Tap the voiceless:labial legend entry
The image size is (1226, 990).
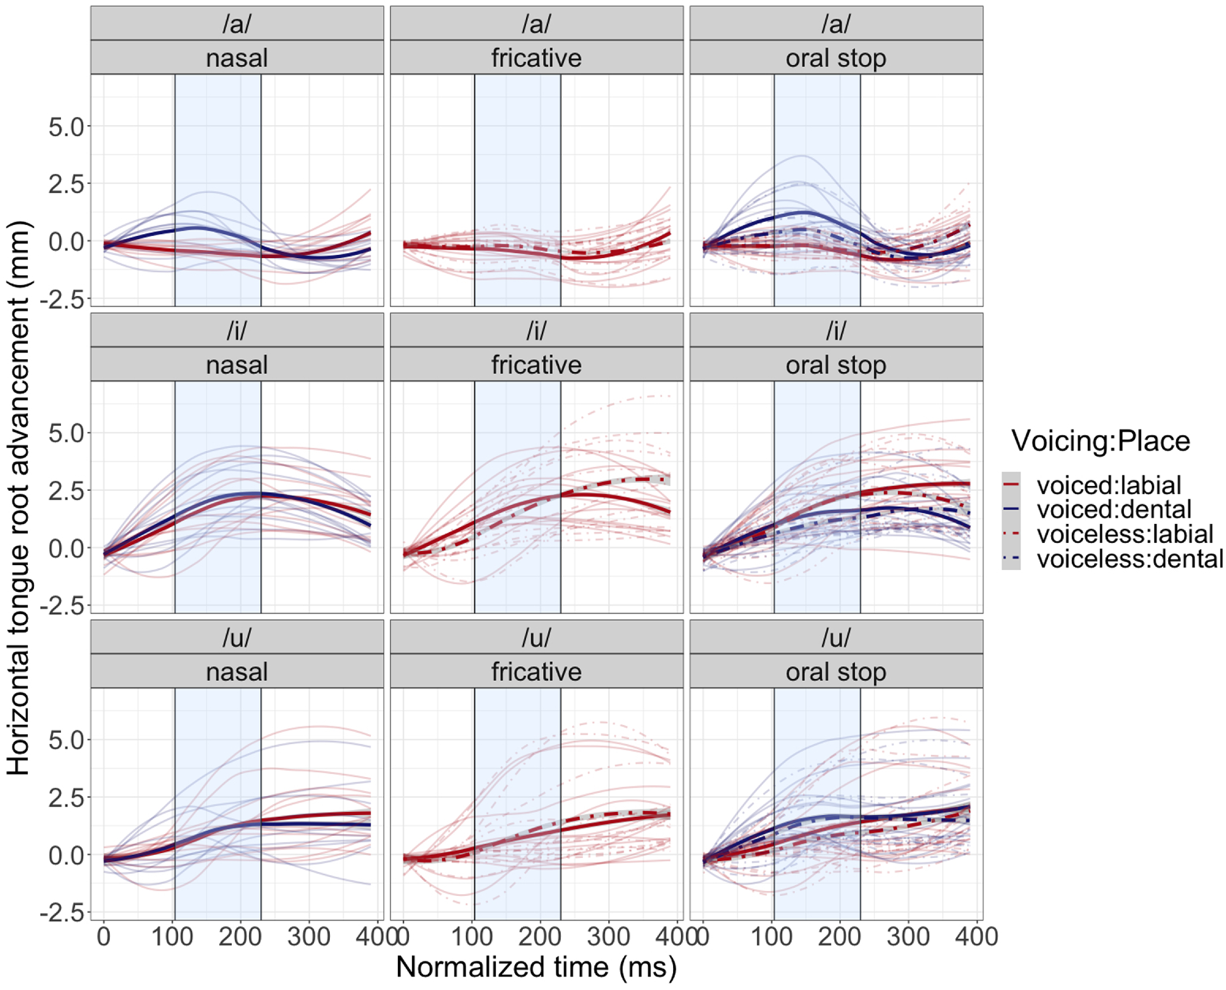click(x=1124, y=534)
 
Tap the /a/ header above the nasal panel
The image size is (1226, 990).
click(x=237, y=24)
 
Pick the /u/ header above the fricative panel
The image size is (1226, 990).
click(x=536, y=637)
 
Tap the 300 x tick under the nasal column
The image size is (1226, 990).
click(x=309, y=937)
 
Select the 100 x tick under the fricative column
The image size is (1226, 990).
click(x=472, y=937)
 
